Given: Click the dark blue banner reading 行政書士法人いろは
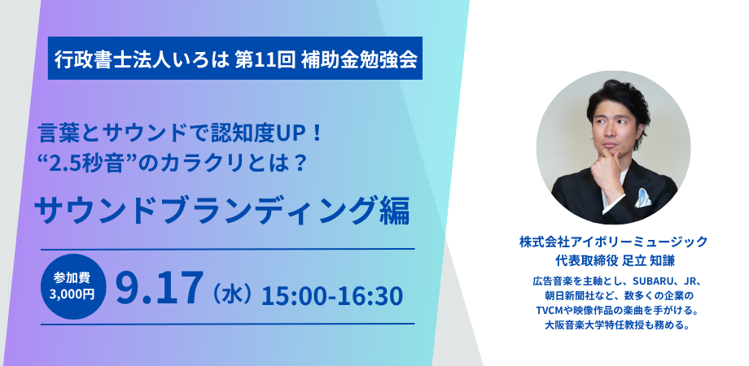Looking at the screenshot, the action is [235, 59].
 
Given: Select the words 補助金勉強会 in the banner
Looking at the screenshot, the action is [359, 59].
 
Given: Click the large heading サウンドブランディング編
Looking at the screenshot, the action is [222, 211].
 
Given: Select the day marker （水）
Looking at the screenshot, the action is [230, 294].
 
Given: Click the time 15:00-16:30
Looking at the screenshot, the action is [332, 295].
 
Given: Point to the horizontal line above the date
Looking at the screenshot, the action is [227, 249].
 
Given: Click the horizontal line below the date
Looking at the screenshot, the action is [227, 324].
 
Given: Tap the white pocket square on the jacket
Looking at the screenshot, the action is [642, 198].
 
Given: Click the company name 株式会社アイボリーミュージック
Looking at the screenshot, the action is [613, 242].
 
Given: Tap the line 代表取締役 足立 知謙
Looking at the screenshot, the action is [613, 262].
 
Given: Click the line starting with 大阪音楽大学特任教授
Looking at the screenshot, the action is [613, 326].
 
